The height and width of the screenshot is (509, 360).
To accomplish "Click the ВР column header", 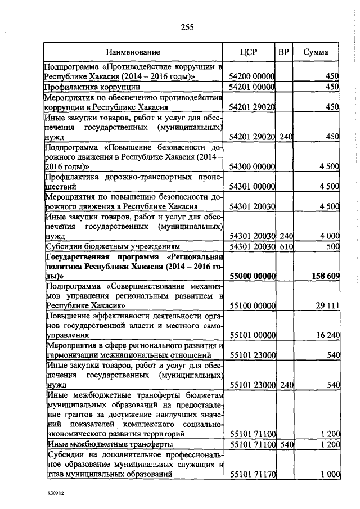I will pyautogui.click(x=285, y=52).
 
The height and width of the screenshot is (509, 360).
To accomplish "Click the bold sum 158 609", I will pyautogui.click(x=325, y=276).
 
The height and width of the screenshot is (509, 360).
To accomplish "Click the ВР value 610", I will pyautogui.click(x=287, y=246).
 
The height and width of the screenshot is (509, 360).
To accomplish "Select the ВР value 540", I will pyautogui.click(x=287, y=444).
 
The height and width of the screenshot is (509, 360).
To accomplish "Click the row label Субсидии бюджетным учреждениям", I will pyautogui.click(x=112, y=246).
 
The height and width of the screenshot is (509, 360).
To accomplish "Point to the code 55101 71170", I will pyautogui.click(x=252, y=474).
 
